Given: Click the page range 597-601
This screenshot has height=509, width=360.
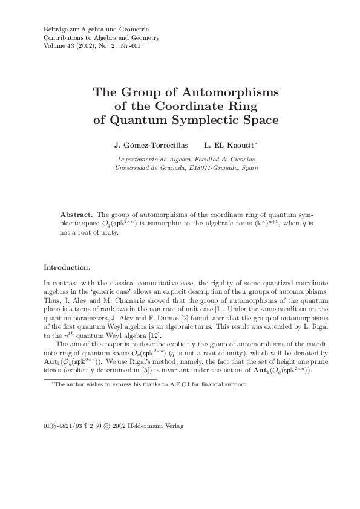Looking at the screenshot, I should coord(128,45).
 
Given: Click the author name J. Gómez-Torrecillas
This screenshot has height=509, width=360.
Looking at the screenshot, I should coord(142,146).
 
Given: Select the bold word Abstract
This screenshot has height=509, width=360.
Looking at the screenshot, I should coord(76,215).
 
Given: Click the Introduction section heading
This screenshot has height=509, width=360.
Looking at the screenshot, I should coord(67,267).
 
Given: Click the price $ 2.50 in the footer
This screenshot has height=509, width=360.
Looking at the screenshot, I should coord(94,426).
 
